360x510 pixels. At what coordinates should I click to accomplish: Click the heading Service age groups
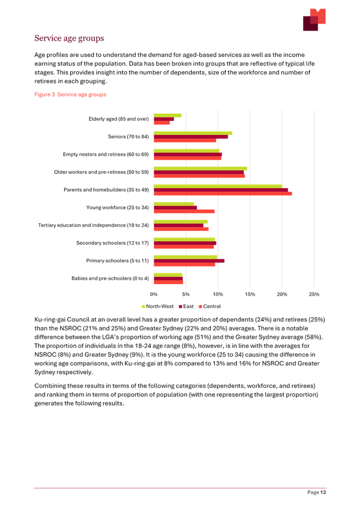coord(69,38)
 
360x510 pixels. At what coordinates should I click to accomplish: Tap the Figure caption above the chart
coord(71,95)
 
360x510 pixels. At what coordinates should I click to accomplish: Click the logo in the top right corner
coord(314,20)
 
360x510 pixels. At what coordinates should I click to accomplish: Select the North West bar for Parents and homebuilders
coord(218,185)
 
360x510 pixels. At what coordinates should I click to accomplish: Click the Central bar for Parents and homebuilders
coord(223,194)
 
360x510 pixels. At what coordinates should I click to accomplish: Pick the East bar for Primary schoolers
coord(189,260)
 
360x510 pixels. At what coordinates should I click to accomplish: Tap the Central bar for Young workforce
coord(184,211)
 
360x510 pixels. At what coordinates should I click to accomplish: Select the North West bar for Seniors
coord(193,133)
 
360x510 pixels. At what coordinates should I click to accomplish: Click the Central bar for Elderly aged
coord(162,123)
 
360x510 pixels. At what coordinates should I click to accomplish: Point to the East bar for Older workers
coord(199,172)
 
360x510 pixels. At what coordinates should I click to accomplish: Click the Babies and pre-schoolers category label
coord(110,278)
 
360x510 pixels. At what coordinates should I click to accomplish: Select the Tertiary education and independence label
coord(94,225)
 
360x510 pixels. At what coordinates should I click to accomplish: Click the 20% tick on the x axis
coord(282,294)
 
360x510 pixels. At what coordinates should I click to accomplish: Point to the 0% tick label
coord(154,294)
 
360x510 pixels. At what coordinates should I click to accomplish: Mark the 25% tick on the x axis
coord(314,294)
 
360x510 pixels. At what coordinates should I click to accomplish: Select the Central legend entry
coord(208,306)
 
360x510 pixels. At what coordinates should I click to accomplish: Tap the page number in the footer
coord(317,492)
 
